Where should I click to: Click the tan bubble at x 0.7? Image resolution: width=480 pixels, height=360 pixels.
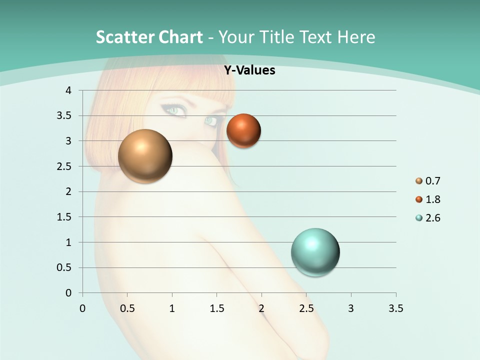click(145, 156)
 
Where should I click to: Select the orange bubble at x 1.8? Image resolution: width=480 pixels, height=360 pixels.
click(243, 131)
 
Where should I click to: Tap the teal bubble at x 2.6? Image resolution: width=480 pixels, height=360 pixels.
click(315, 252)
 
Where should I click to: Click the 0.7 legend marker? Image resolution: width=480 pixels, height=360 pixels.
click(419, 181)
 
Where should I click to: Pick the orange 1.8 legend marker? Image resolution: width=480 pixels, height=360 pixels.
click(419, 199)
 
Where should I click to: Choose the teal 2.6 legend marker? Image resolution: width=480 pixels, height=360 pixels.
click(419, 218)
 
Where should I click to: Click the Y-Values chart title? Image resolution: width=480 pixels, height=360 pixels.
click(249, 70)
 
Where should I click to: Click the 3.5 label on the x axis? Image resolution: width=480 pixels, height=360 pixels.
click(395, 308)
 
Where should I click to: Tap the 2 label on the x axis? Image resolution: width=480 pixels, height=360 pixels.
click(261, 308)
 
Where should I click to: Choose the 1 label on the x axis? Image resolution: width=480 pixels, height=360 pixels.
click(172, 308)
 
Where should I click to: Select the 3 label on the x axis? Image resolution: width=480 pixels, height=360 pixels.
click(351, 308)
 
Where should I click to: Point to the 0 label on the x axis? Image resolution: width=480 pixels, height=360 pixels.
click(82, 308)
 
